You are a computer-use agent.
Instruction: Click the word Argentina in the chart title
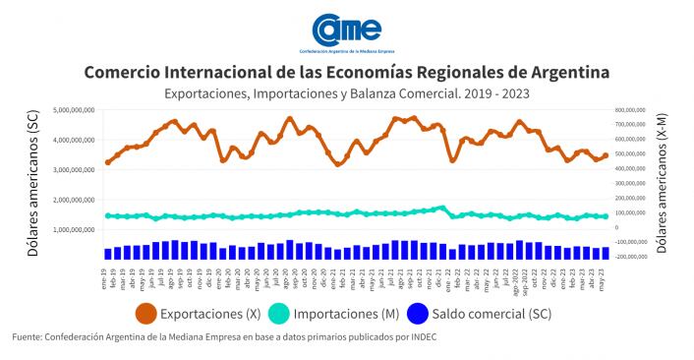coord(564,74)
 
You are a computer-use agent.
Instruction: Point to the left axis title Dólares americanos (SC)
coord(33,184)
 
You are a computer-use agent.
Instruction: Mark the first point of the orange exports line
coord(107,162)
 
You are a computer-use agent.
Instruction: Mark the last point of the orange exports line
coord(605,155)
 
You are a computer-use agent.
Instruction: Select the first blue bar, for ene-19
coord(107,253)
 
